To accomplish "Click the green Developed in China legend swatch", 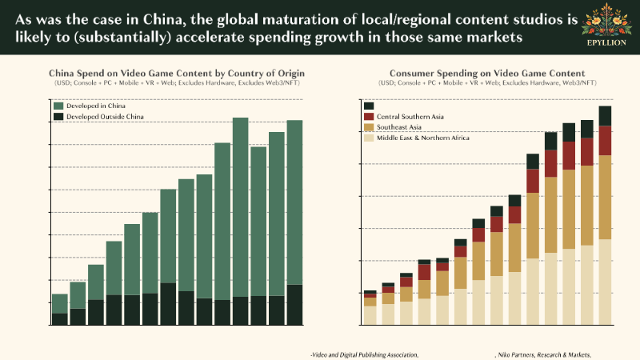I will coord(59,106).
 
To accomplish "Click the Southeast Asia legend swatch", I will coord(369,127).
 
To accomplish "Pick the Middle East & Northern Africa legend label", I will coord(423,138).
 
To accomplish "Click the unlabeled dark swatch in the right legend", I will coord(369,106).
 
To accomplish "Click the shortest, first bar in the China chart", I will coord(60,310).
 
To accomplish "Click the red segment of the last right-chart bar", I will coord(605,140).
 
